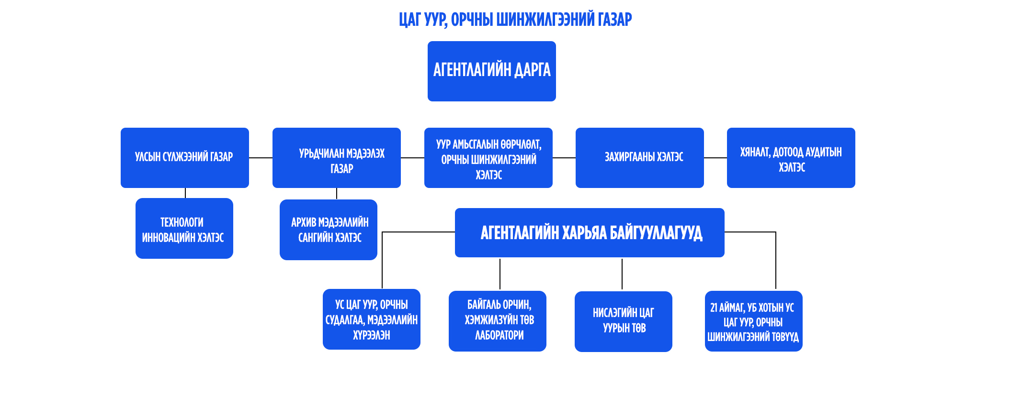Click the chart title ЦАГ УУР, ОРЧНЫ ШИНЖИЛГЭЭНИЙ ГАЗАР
[515, 20]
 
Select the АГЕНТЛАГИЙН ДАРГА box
[491, 71]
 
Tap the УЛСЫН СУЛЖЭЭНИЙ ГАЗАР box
[184, 157]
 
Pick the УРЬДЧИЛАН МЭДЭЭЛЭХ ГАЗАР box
[336, 157]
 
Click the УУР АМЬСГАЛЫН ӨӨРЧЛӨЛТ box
[488, 157]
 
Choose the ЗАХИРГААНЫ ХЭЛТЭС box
[639, 157]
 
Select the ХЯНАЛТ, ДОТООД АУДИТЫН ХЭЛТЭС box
[791, 157]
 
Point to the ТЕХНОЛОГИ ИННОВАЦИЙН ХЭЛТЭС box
[184, 228]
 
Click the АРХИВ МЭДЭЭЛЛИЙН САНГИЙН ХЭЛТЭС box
[328, 230]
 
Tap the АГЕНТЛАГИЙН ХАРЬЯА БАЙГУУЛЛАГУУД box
[589, 232]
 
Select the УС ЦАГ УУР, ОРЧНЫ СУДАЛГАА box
[371, 319]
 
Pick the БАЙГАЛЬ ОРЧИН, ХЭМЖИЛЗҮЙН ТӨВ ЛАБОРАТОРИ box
[497, 321]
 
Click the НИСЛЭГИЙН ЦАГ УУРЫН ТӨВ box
[623, 321]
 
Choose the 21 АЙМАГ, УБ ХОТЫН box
[753, 321]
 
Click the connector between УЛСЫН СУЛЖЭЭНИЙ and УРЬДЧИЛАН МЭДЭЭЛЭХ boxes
[261, 157]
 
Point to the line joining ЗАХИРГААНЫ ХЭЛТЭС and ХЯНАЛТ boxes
[715, 157]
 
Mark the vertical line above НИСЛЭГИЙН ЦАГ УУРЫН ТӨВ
[622, 274]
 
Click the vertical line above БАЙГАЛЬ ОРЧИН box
[500, 274]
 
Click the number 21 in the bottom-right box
[714, 308]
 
